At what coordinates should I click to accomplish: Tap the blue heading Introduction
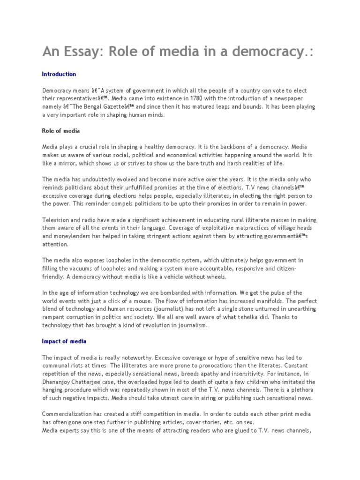[59, 74]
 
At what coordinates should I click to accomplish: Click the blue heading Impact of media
[64, 341]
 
